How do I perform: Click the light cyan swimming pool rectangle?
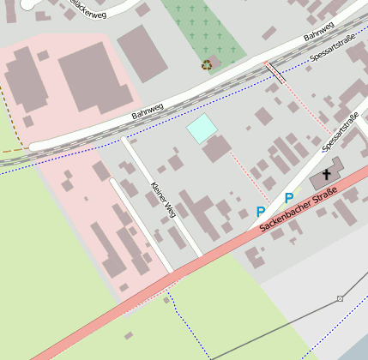pyautogui.click(x=202, y=129)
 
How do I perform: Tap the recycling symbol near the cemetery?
pyautogui.click(x=207, y=64)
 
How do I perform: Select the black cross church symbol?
pyautogui.click(x=327, y=174)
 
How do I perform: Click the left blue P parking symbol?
pyautogui.click(x=260, y=212)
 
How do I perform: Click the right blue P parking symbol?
pyautogui.click(x=289, y=198)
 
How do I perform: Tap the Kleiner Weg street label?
pyautogui.click(x=162, y=199)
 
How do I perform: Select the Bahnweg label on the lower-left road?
pyautogui.click(x=147, y=109)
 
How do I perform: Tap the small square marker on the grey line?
pyautogui.click(x=340, y=298)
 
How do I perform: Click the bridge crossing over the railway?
pyautogui.click(x=274, y=72)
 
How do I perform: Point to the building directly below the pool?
pyautogui.click(x=216, y=149)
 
